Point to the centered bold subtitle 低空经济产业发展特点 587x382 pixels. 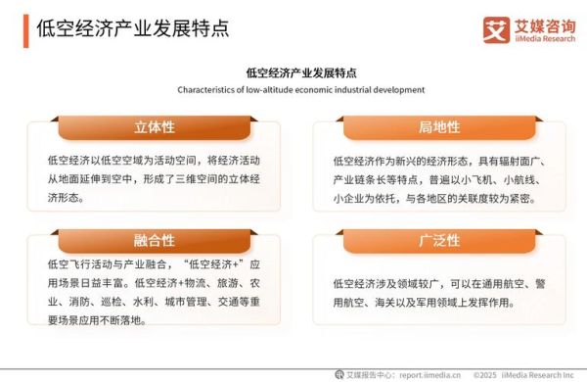(x=300, y=72)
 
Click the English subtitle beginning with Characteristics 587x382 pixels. (x=300, y=89)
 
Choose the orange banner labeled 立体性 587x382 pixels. (x=154, y=126)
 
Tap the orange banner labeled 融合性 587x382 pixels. (x=154, y=240)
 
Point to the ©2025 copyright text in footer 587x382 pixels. (x=486, y=373)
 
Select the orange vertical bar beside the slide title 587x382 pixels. (x=25, y=28)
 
